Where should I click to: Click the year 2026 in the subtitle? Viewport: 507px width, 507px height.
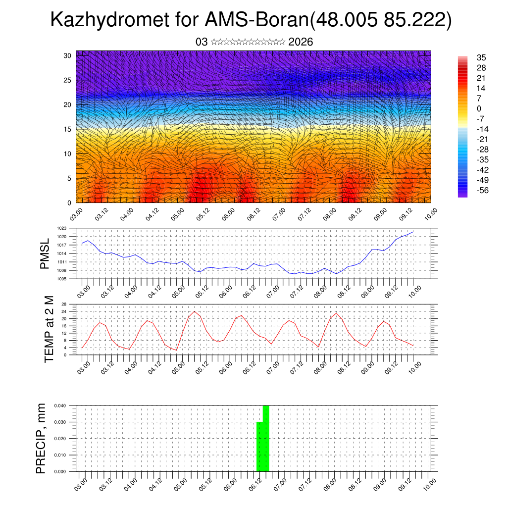[x=301, y=42]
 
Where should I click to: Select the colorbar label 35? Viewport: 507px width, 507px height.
[x=480, y=57]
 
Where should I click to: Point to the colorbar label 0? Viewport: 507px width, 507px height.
[x=478, y=108]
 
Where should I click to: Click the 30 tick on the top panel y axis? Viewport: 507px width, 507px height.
[x=68, y=55]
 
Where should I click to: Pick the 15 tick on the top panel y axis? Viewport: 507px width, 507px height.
[x=68, y=129]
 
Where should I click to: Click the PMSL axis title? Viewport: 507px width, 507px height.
[x=45, y=253]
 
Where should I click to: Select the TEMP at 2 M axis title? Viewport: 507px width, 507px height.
[x=49, y=329]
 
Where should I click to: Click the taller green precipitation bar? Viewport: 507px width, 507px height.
[x=266, y=438]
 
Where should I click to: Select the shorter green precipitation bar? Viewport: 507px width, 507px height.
[x=259, y=447]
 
